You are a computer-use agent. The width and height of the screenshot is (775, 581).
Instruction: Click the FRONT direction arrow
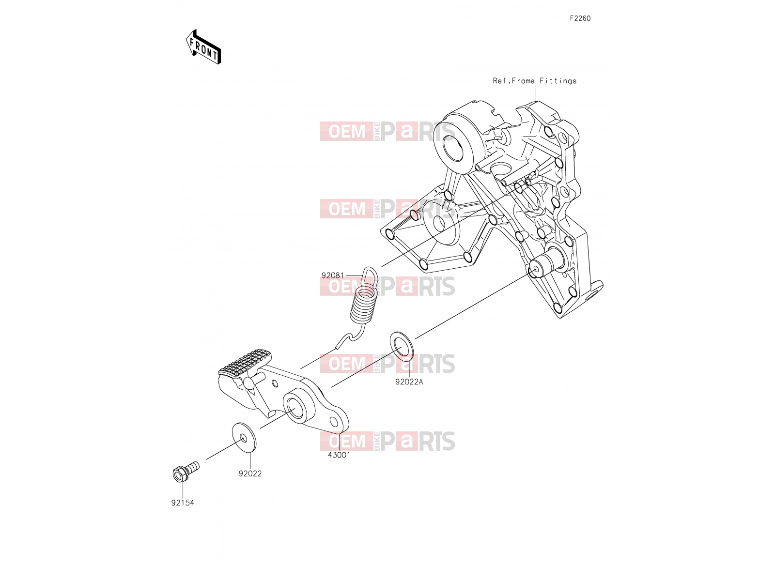[203, 47]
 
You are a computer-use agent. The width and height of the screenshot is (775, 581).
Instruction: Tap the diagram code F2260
[580, 18]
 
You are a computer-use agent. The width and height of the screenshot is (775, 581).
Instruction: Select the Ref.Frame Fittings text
[535, 81]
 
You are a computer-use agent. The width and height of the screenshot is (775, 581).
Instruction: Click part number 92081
[333, 275]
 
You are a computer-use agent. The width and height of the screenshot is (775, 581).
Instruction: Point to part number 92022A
[409, 382]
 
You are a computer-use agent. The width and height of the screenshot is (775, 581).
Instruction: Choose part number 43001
[339, 455]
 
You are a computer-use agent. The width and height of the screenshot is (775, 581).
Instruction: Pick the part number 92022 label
[250, 474]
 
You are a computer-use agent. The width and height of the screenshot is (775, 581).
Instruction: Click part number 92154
[183, 503]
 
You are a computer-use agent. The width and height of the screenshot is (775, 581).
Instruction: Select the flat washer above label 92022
[244, 437]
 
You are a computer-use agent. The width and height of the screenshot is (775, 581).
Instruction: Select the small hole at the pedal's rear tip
[334, 421]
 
